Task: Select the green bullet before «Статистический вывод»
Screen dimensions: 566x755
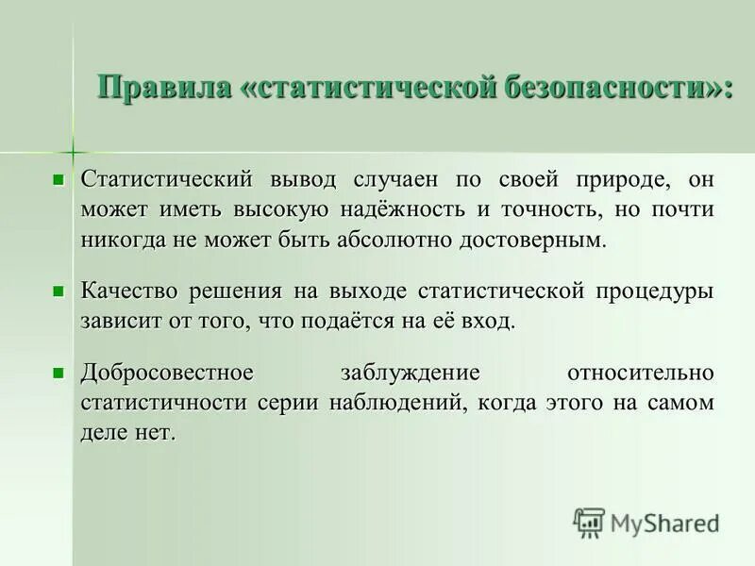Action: (x=59, y=178)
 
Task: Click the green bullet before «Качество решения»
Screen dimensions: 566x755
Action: (x=59, y=291)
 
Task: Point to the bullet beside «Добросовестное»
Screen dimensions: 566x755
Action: (x=59, y=374)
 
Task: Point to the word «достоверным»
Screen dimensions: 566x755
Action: (x=530, y=239)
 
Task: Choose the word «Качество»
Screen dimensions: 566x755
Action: (x=128, y=291)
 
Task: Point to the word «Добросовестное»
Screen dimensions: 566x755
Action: (x=167, y=374)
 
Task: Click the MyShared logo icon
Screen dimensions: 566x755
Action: (x=589, y=522)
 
